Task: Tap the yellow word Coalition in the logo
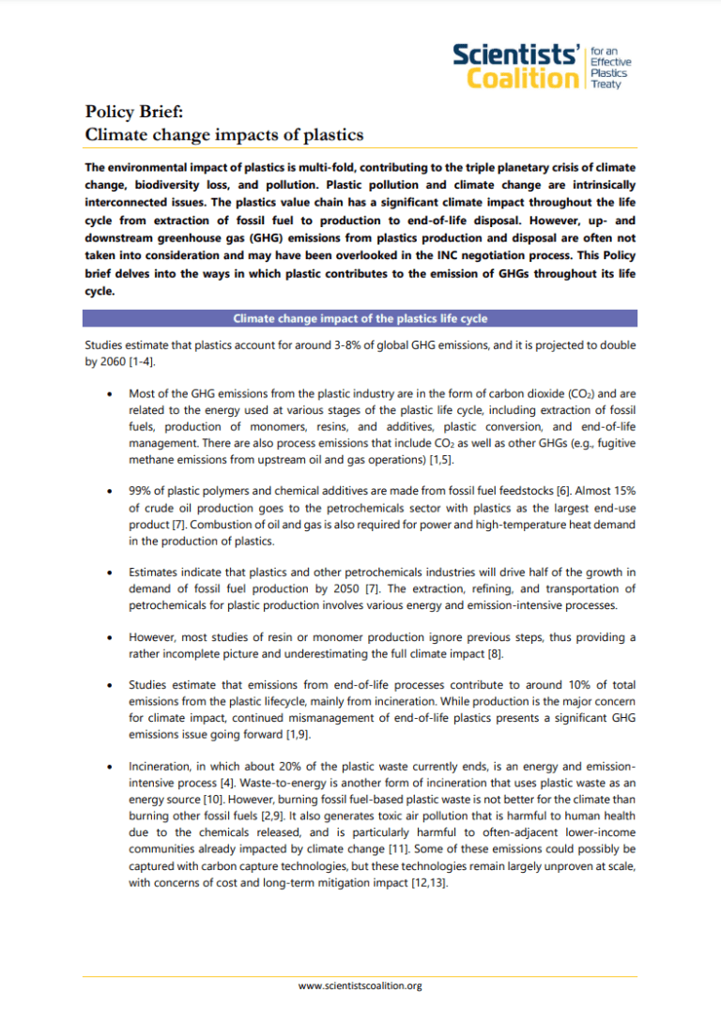[x=519, y=78]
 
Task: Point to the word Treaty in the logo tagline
[x=605, y=84]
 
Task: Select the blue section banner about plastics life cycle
[x=360, y=318]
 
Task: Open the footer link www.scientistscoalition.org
[x=360, y=986]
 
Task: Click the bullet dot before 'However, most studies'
[x=113, y=637]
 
